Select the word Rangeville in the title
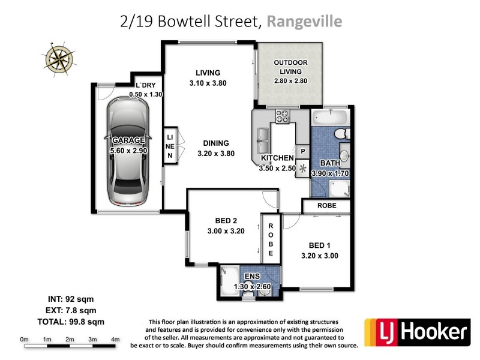coord(304,22)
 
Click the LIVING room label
coord(204,73)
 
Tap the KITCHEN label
coord(277,158)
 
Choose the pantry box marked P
coord(302,152)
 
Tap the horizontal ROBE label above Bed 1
coord(326,206)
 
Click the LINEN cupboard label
coord(170,146)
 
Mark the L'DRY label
coord(145,85)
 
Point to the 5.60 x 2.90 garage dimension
coord(128,151)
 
